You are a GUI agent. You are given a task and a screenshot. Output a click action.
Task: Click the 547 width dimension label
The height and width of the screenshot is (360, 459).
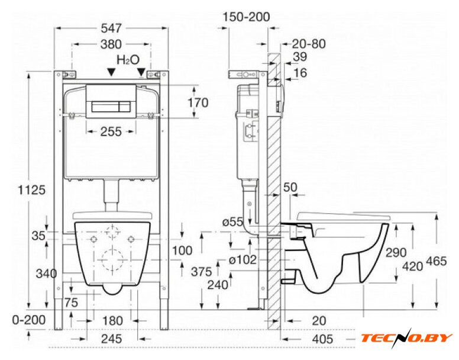111,28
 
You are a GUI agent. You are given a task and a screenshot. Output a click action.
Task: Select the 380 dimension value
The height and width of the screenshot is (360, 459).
111,44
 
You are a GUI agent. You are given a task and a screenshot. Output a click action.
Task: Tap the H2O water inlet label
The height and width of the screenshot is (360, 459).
128,60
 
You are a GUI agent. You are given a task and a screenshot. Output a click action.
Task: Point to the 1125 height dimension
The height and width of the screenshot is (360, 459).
32,190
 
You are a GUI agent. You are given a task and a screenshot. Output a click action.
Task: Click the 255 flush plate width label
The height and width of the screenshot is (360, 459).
111,131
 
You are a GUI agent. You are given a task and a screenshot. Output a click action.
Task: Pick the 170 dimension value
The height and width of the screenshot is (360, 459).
198,103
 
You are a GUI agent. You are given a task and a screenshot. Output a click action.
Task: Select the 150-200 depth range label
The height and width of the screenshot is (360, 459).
246,17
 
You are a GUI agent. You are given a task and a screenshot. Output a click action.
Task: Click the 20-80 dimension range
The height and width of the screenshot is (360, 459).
309,44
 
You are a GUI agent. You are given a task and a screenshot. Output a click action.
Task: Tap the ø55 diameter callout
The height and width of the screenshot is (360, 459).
232,222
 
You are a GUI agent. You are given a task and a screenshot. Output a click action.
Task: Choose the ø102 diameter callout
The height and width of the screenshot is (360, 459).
243,259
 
